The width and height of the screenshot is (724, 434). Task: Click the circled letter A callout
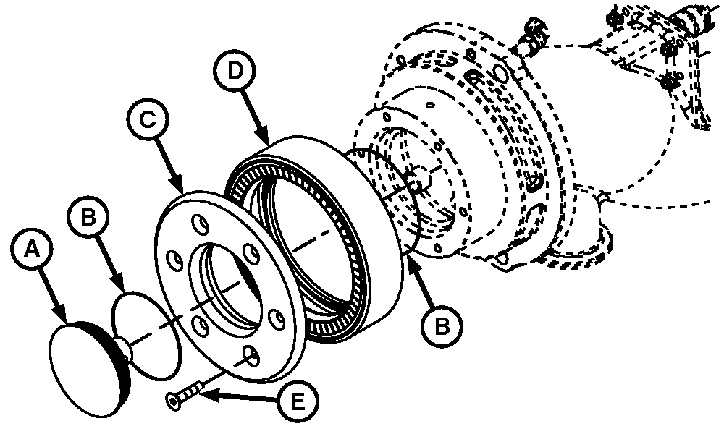pos(31,250)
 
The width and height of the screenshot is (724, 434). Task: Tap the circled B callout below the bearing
pos(442,326)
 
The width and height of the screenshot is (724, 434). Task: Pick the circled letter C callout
pos(148,120)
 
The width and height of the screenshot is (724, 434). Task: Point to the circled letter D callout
pos(235,72)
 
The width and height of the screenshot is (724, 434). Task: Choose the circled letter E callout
pos(298,401)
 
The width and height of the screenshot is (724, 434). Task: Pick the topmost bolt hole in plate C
pos(201,224)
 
